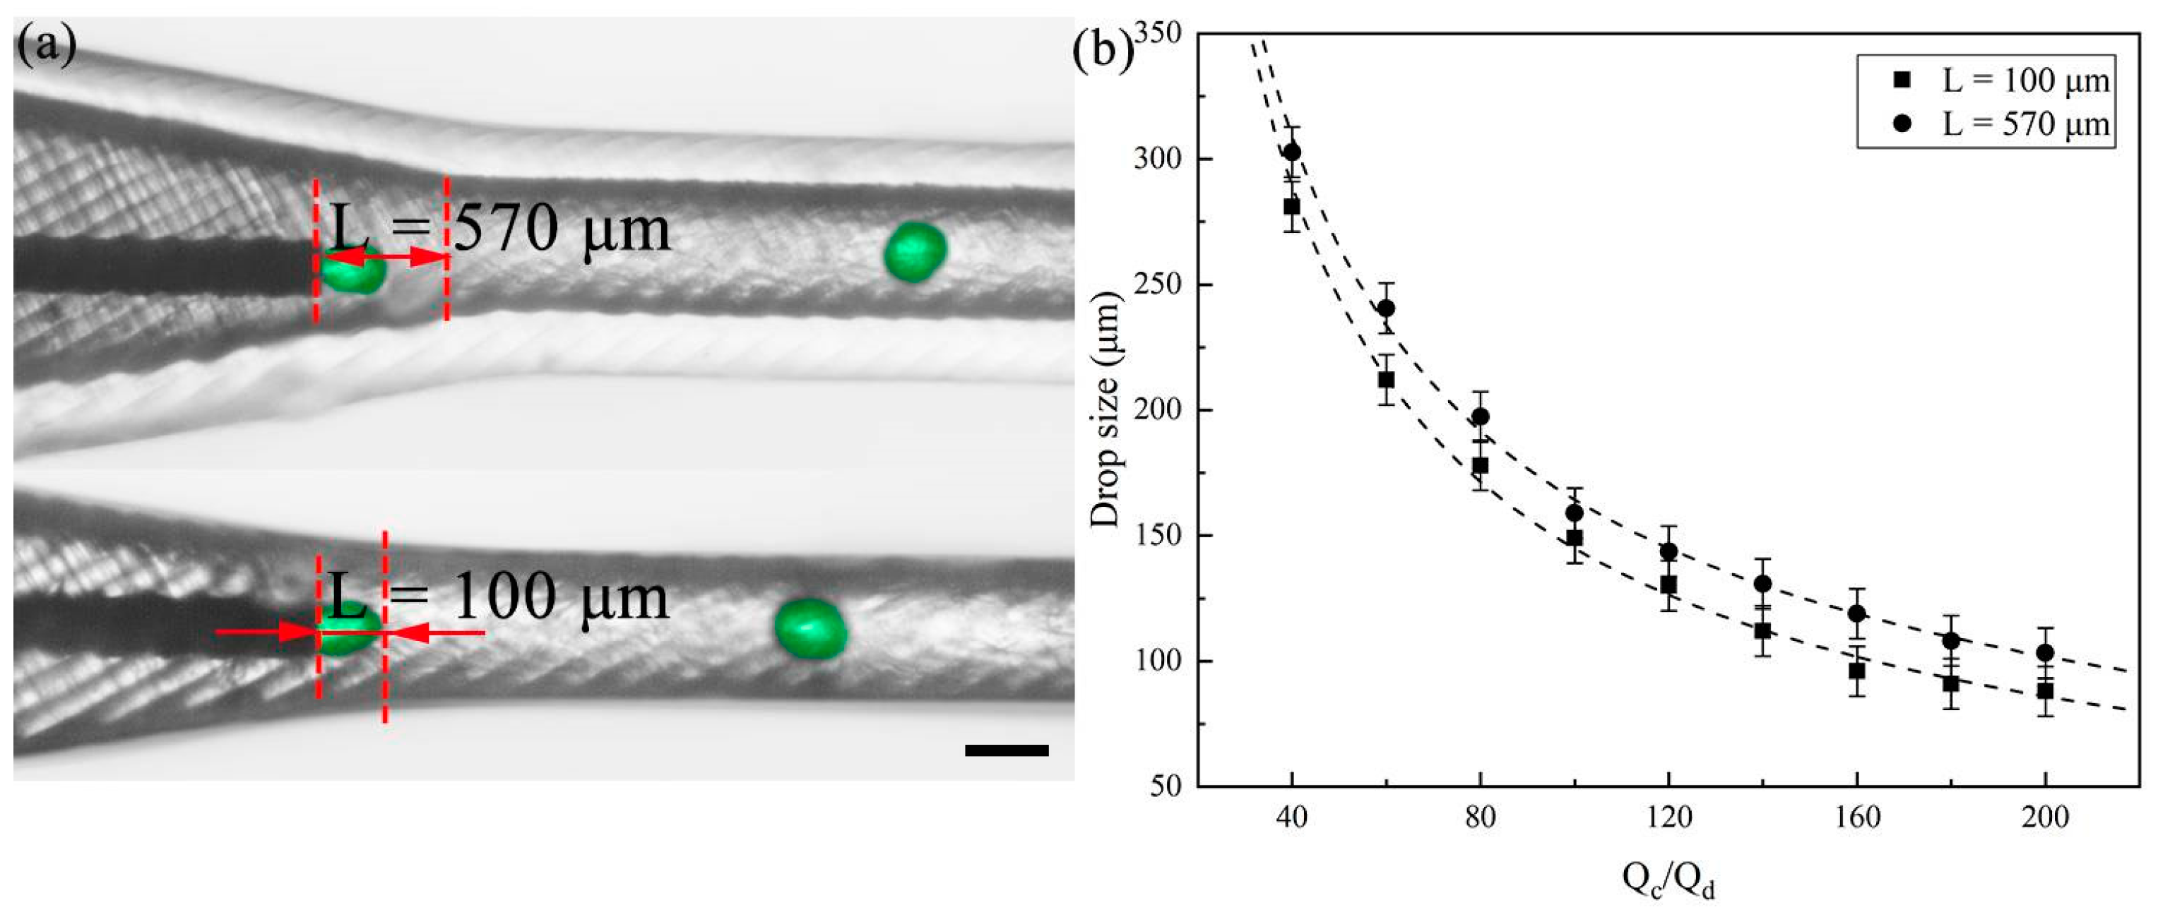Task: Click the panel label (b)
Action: point(1103,50)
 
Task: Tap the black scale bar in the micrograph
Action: point(1006,750)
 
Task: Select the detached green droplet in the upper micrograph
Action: point(915,251)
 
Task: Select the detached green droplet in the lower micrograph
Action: point(810,628)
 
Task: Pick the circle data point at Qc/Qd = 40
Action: point(1292,152)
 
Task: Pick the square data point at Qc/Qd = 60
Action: point(1387,379)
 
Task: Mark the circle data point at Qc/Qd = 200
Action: point(2045,652)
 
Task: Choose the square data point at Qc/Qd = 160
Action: point(1856,671)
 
